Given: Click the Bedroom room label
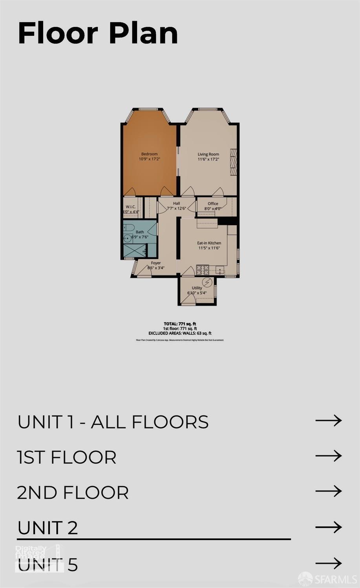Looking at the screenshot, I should click(x=149, y=154).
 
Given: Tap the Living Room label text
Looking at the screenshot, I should click(x=208, y=154).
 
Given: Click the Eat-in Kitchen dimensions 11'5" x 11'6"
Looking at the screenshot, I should click(x=209, y=248).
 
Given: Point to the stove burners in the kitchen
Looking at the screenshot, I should click(x=202, y=269).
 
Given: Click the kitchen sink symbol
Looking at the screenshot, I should click(x=220, y=270).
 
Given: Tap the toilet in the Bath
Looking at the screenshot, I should click(x=129, y=228).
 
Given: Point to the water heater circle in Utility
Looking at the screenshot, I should click(x=207, y=282).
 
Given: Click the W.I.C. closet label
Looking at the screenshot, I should click(x=131, y=207).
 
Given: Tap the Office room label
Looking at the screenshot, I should click(x=213, y=204).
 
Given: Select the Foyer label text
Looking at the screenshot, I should click(x=156, y=263).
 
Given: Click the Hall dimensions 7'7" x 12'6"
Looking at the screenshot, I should click(x=176, y=209).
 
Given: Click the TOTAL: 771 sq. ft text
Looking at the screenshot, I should click(x=180, y=324).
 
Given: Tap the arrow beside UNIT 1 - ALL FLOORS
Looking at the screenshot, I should click(x=329, y=421).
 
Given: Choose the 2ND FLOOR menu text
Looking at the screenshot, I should click(x=73, y=493).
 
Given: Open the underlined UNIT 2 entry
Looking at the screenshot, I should click(x=48, y=528).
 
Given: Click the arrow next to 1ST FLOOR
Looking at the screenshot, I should click(x=329, y=456).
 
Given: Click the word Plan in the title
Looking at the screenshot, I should click(x=143, y=33).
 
